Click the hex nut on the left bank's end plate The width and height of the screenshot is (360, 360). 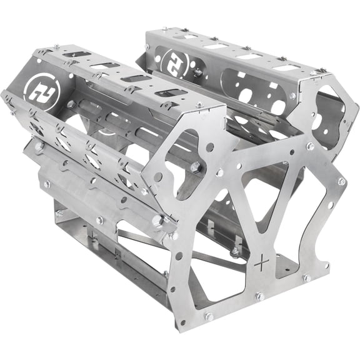click(x=196, y=167)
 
